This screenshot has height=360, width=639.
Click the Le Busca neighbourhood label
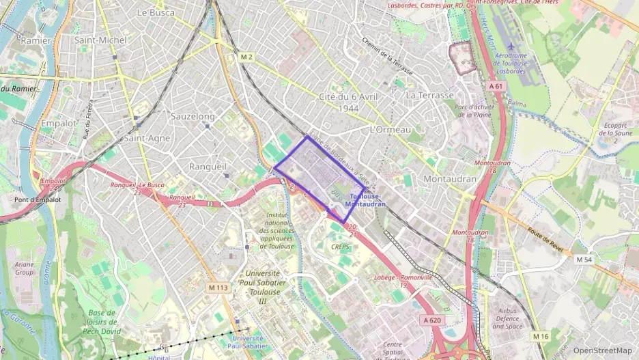pos(156,12)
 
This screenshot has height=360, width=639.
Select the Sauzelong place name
pos(193,117)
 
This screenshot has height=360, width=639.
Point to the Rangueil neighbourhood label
pos(207,166)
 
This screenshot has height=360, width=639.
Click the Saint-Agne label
pos(147,138)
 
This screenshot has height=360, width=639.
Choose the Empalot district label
pos(59,124)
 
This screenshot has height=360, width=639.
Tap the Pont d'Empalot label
pos(38,199)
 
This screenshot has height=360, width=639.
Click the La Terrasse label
pos(429,96)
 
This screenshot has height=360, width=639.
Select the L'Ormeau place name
pos(390,130)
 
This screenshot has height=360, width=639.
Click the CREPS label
pos(340,247)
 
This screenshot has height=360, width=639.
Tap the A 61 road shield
pos(496,86)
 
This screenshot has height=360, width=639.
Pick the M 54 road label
pos(583,260)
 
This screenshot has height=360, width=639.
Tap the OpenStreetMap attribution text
pos(602,350)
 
